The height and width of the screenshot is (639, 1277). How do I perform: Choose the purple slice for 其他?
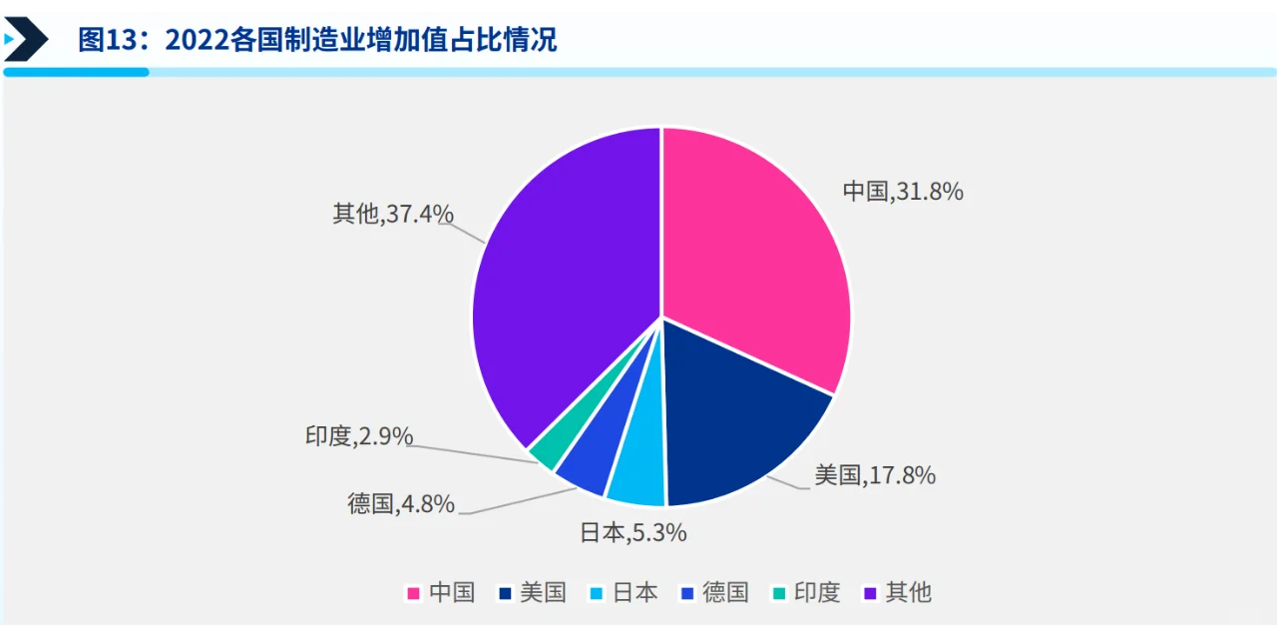[x=559, y=300]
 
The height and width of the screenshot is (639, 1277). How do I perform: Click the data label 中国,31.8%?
[x=903, y=192]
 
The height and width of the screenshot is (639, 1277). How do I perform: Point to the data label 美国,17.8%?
[x=875, y=475]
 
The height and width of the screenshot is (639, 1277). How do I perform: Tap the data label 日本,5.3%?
[x=634, y=533]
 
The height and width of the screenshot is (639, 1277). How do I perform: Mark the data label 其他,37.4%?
[x=393, y=213]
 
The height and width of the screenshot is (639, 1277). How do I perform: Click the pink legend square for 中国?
[x=413, y=593]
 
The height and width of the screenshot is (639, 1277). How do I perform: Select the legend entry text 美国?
[x=543, y=593]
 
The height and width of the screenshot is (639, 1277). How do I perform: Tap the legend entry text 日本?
[x=635, y=593]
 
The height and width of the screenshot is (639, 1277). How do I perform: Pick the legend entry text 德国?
[x=725, y=593]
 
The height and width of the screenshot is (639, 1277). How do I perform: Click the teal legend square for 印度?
[x=778, y=593]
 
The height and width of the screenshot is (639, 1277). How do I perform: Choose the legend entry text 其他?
[x=908, y=593]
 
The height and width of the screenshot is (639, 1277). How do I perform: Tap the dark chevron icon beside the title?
[x=28, y=40]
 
